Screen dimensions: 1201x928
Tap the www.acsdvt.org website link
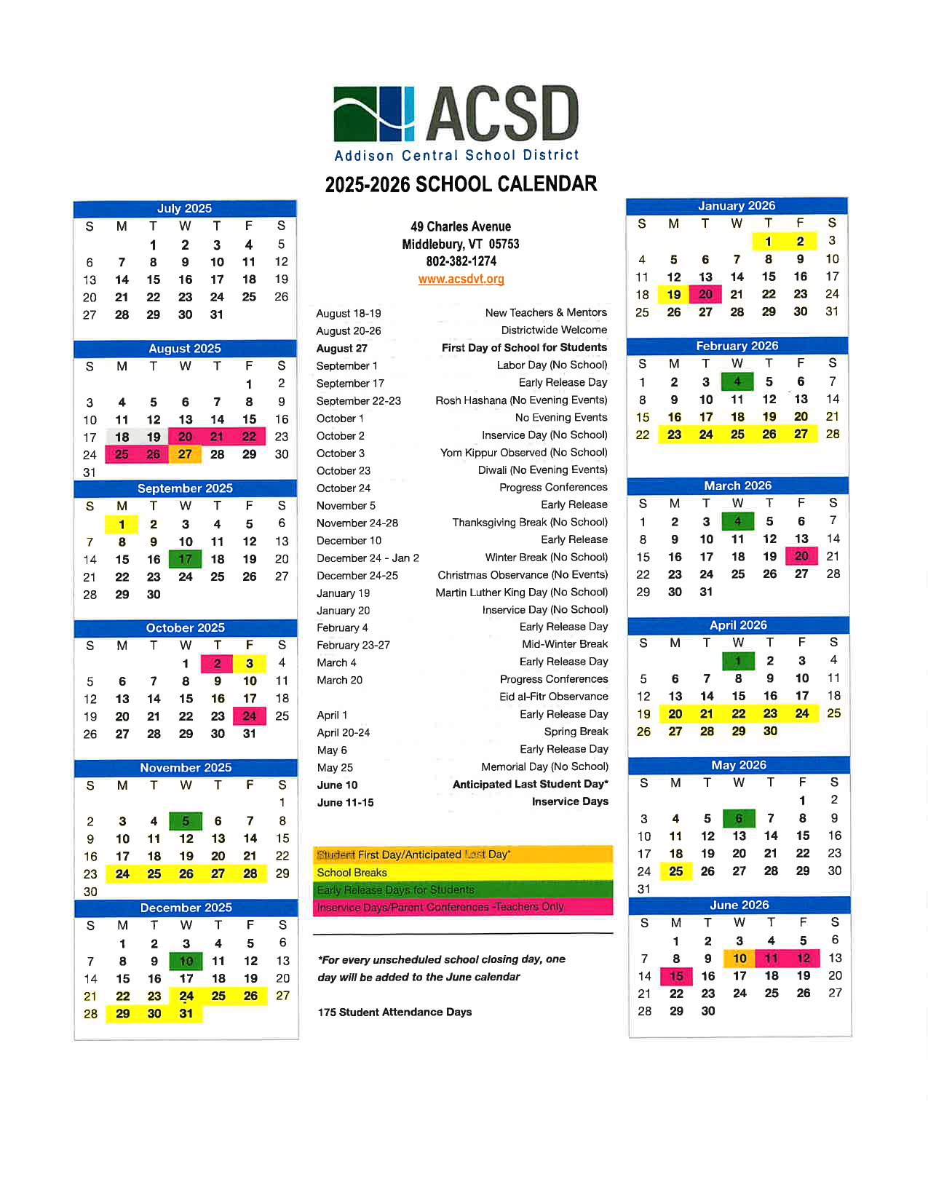461,279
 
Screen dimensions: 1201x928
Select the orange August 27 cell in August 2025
185,454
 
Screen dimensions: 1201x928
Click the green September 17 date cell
185,559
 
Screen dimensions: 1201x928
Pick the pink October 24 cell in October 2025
250,716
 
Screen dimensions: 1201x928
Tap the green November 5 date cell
186,821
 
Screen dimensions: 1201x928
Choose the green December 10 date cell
186,961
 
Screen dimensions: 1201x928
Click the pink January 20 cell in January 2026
705,294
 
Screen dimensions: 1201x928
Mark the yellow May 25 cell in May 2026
675,871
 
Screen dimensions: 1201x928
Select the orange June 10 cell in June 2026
739,959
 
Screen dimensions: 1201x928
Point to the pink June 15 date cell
676,976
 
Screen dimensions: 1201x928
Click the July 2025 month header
185,208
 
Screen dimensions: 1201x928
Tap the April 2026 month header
738,625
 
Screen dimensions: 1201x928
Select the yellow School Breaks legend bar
463,872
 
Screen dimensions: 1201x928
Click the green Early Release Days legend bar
463,889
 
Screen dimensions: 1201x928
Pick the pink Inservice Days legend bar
463,907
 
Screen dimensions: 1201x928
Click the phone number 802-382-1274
461,261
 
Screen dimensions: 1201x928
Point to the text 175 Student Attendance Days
394,1012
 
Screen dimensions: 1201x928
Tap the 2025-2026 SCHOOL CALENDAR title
461,184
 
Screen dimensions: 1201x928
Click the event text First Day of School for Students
524,348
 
